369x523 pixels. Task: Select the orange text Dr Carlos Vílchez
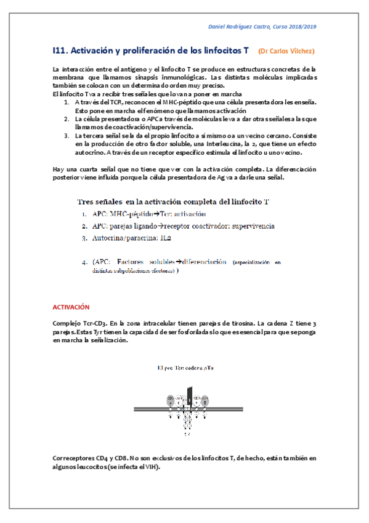[x=286, y=51]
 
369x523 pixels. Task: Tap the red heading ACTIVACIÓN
[x=71, y=307]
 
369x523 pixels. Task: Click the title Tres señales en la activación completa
[x=172, y=202]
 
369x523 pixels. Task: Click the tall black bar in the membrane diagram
[x=190, y=398]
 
